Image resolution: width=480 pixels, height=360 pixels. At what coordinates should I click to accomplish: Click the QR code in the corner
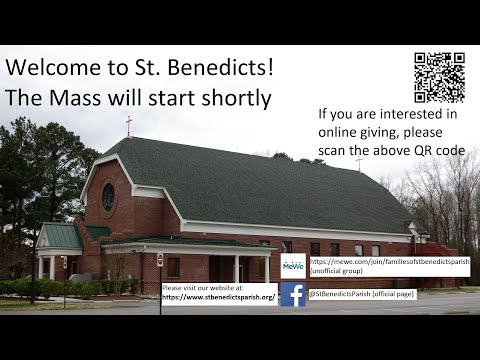(x=439, y=77)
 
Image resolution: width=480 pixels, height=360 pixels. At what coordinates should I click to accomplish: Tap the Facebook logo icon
(x=293, y=294)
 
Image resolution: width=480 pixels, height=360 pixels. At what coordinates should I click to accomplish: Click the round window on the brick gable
(x=108, y=197)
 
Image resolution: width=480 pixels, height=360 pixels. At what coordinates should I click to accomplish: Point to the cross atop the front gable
(x=128, y=126)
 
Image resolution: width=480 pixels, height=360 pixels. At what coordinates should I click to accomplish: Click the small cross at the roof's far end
(x=359, y=163)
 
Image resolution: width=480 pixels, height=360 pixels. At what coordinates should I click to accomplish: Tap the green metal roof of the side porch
(x=60, y=236)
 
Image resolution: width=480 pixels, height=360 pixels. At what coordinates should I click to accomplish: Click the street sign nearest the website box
(x=159, y=260)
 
